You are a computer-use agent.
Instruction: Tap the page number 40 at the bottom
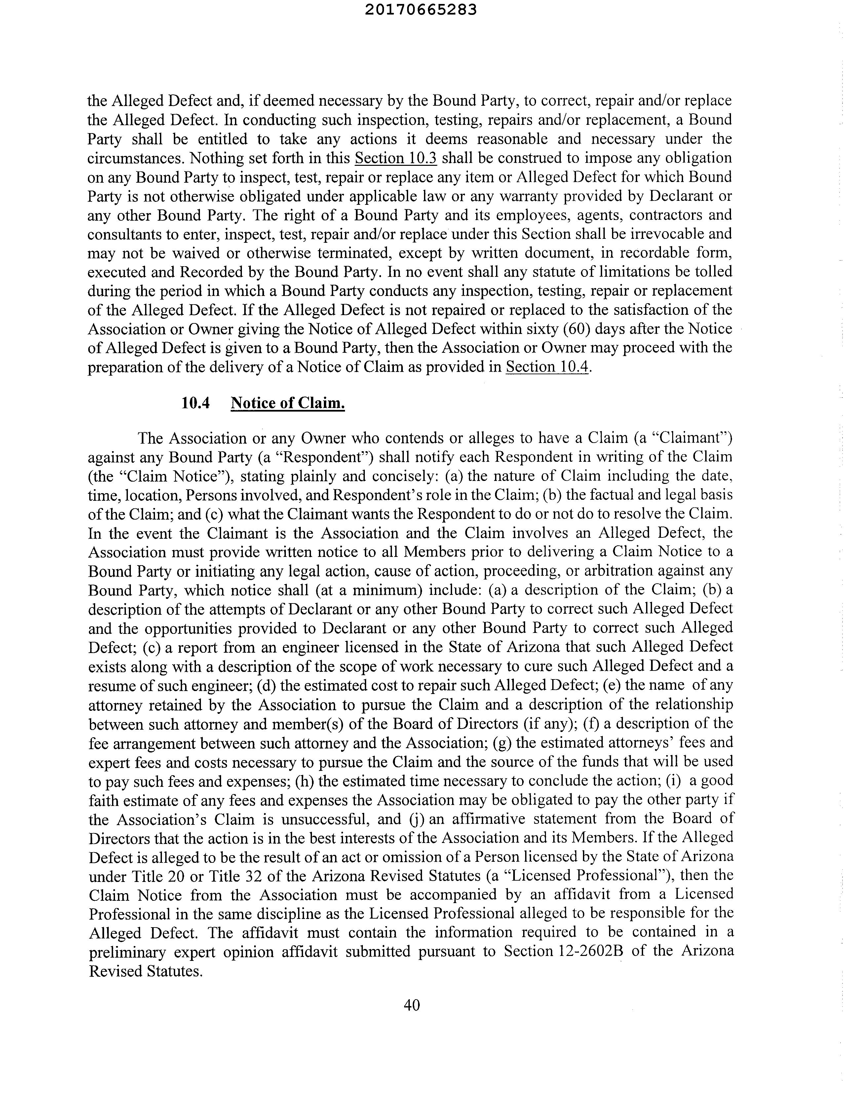coord(411,1005)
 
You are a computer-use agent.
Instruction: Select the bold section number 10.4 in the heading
coord(195,403)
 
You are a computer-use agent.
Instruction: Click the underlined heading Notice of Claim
coord(288,403)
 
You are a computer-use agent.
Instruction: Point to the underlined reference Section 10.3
coord(396,158)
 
